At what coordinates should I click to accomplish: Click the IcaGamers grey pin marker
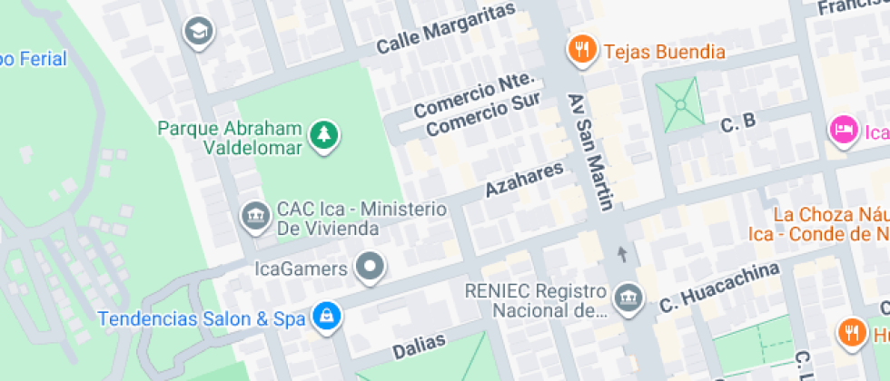point(370,268)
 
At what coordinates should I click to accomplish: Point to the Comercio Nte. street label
point(478,96)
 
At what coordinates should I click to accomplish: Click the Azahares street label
point(524,178)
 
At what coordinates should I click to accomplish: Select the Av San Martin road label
point(591,151)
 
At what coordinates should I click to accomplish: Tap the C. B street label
point(737,122)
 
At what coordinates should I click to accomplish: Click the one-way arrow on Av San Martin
point(622,253)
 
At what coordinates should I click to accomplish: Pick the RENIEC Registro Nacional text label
point(535,301)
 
